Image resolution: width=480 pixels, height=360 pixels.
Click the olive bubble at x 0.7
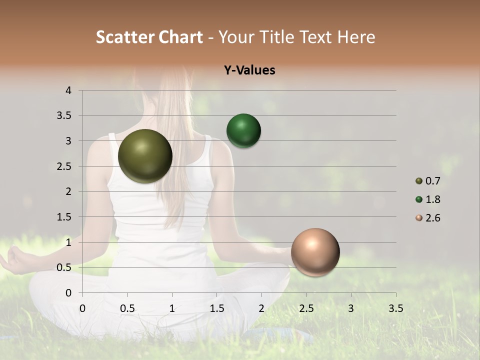(x=145, y=156)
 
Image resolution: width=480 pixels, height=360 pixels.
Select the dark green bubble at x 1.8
(x=243, y=131)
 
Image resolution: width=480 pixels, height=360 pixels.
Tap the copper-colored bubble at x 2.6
(x=315, y=252)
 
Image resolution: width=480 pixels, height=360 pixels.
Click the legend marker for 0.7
(x=419, y=181)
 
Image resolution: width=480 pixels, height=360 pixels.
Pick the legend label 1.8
(x=433, y=199)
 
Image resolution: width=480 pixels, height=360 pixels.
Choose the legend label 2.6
(x=433, y=218)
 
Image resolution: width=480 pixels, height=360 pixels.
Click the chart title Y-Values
(x=249, y=70)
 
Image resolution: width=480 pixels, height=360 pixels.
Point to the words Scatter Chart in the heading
(x=149, y=37)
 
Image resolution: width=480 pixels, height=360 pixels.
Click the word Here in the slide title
(x=355, y=37)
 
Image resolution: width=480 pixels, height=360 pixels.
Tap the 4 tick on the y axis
(x=68, y=90)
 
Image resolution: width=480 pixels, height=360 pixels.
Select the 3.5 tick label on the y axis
(x=64, y=116)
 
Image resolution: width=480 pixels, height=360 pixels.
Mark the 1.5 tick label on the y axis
(x=64, y=217)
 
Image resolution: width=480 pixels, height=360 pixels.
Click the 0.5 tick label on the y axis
(x=64, y=267)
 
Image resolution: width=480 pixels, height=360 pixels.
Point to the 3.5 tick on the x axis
(x=395, y=308)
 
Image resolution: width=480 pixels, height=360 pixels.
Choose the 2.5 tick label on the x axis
(x=306, y=308)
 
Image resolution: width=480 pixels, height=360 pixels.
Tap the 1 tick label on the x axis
(x=172, y=308)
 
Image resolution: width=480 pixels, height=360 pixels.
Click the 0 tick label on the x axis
(x=82, y=308)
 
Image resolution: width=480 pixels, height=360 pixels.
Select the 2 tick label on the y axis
(x=68, y=191)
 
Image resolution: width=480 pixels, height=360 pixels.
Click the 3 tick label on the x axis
(x=351, y=308)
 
